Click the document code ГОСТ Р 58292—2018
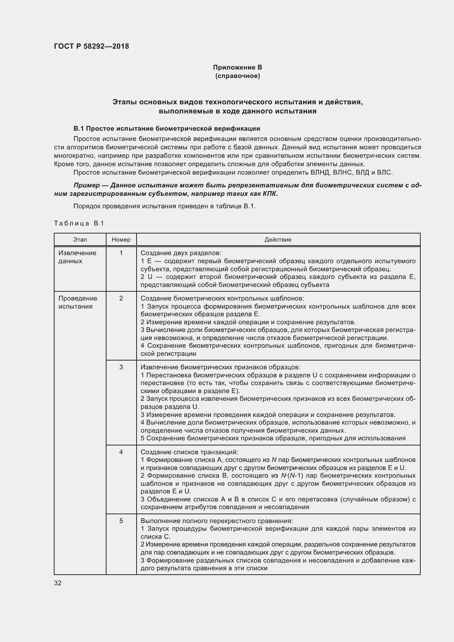(92, 46)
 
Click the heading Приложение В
(238, 67)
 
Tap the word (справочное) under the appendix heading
(238, 76)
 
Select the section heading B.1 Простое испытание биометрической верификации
(167, 128)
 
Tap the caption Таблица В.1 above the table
(79, 224)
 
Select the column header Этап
(80, 240)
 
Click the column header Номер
(121, 240)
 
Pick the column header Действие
(278, 240)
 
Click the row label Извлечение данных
(77, 257)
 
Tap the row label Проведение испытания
(78, 302)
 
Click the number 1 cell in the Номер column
(121, 253)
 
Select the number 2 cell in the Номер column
(121, 298)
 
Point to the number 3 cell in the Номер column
(121, 367)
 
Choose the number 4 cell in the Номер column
(121, 452)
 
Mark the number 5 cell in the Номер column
(121, 521)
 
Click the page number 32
(58, 583)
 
